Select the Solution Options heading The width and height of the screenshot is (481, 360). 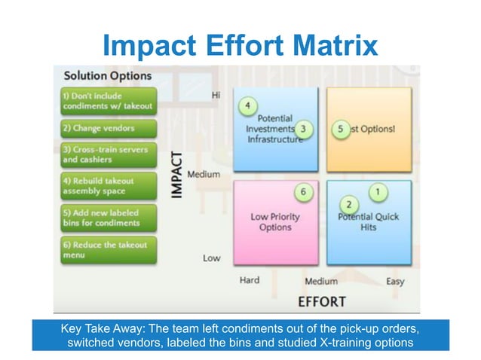coord(107,76)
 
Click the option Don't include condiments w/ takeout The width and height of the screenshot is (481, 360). coord(107,101)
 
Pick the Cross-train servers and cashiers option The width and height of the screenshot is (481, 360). coord(107,154)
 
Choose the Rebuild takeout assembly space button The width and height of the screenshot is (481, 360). coord(107,186)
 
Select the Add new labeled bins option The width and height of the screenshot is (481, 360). coord(107,218)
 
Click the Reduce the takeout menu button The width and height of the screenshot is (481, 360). coord(107,249)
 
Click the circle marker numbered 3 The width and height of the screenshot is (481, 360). coord(303,130)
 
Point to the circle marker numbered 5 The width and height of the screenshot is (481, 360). coord(342,130)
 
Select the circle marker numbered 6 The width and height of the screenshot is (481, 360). coord(303,192)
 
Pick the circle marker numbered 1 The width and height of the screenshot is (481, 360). coord(378,192)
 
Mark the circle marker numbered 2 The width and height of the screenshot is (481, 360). coord(348,204)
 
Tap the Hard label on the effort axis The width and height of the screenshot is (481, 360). coord(250,280)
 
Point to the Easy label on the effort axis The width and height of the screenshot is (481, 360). coord(394,281)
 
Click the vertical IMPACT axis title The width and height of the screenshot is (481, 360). coord(176,176)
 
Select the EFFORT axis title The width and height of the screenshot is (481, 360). coord(322,301)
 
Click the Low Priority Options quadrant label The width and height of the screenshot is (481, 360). coord(275,222)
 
